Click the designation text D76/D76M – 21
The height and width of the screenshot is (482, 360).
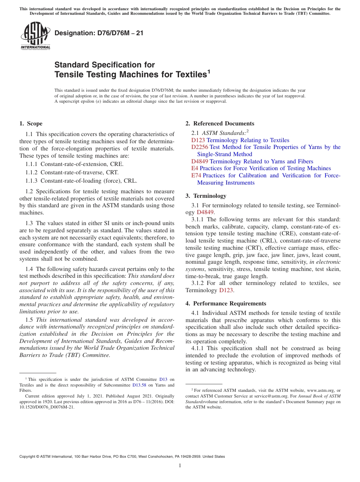[99, 33]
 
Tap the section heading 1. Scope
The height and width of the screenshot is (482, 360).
[31, 124]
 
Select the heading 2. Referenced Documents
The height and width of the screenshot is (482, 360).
[220, 124]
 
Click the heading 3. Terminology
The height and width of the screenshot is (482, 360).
[206, 196]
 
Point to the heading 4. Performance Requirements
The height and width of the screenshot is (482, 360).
[226, 304]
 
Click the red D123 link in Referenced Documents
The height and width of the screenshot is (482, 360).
[198, 140]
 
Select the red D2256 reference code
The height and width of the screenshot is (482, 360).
[200, 147]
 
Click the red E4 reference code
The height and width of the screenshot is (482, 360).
[195, 168]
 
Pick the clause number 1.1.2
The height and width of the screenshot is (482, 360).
[32, 172]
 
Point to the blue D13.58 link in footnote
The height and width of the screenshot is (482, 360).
[139, 385]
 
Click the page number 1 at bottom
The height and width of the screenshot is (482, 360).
[180, 465]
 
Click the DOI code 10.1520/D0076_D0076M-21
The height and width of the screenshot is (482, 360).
[47, 407]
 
